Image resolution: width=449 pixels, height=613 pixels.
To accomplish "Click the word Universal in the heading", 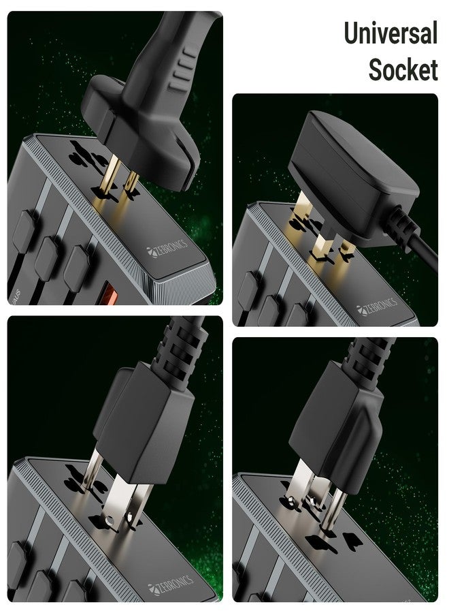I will (x=390, y=33).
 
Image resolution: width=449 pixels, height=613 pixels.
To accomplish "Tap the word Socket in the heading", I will (x=403, y=69).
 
